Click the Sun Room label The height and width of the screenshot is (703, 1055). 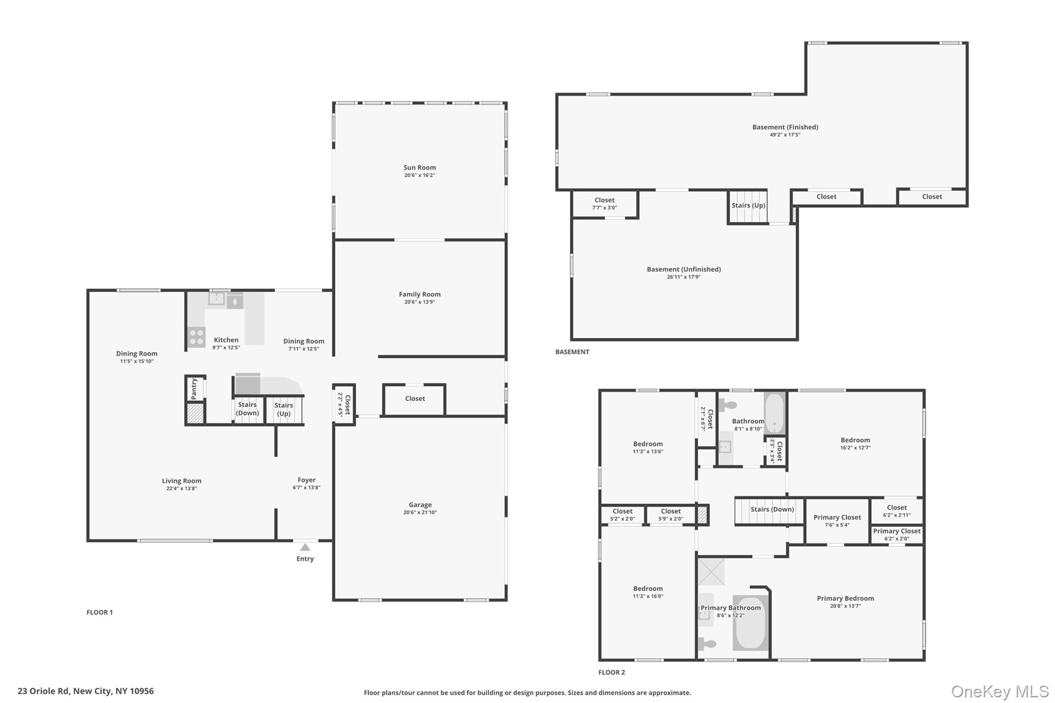coord(419,167)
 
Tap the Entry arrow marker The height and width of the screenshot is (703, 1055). coord(305,547)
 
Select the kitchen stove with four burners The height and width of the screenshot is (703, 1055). coord(196,337)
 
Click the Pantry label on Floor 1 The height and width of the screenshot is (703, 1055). coord(194,388)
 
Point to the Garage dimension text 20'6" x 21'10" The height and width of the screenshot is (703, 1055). coord(420,512)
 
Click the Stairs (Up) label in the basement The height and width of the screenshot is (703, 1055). coord(748,205)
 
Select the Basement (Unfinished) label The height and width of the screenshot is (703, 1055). coord(684,269)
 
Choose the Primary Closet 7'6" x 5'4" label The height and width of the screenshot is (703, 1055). coord(837,517)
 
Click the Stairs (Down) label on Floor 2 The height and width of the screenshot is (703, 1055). coord(772,509)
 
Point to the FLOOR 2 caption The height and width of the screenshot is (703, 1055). coord(611,672)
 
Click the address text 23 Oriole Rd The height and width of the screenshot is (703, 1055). coord(86,691)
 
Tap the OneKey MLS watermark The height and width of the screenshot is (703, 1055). coord(999,691)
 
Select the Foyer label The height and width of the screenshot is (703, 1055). coord(307,479)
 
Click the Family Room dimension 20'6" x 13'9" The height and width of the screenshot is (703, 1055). coord(419,302)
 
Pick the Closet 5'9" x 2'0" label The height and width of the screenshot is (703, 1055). coord(670,511)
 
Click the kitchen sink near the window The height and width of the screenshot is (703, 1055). coord(216,298)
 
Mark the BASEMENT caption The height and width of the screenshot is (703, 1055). coord(572,352)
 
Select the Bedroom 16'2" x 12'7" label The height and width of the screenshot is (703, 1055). coord(855,440)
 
